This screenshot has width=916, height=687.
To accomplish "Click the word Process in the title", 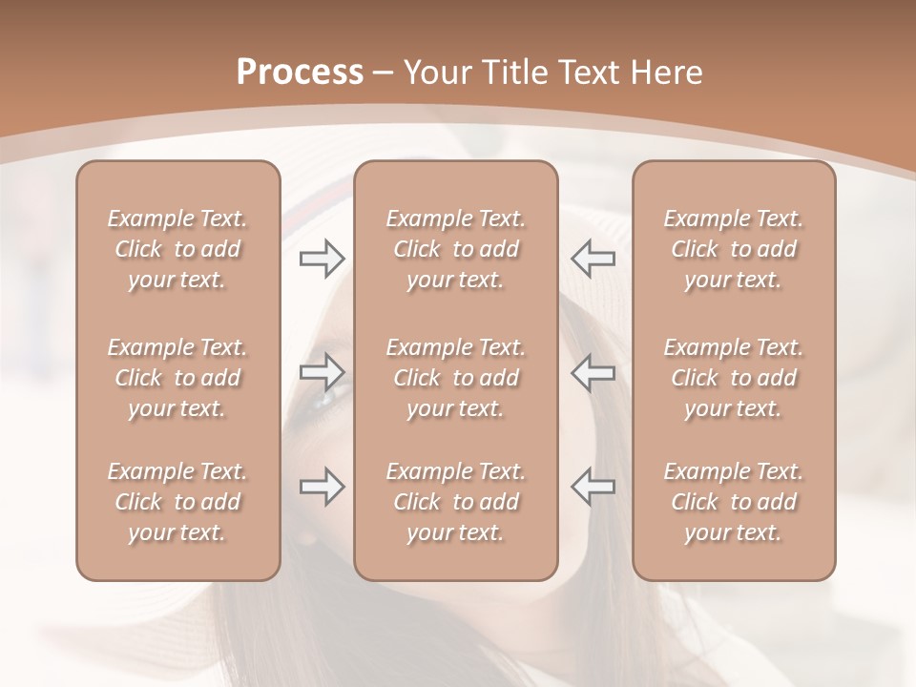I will click(300, 73).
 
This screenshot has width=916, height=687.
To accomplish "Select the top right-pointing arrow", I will click(323, 258).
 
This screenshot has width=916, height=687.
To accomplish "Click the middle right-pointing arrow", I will click(323, 372).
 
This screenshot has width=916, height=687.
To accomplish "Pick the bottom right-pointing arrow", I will click(323, 487).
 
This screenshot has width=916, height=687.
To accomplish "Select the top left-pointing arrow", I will click(593, 258).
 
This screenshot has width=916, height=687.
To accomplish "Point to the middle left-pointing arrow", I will click(593, 372).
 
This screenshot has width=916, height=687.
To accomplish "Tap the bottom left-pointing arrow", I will click(593, 487).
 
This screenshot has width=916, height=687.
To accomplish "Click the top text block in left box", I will click(177, 249).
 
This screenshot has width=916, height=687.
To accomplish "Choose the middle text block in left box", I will click(177, 378).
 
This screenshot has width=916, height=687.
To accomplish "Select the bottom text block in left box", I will click(177, 502).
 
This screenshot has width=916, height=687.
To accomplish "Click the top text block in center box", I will click(456, 249).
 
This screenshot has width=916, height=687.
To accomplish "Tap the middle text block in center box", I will click(456, 378).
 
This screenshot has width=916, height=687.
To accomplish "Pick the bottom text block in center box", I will click(456, 502).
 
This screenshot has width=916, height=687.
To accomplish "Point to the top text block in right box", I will click(734, 249).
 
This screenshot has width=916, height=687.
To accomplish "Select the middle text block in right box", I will click(734, 378).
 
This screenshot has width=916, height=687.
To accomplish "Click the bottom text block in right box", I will click(734, 502).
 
